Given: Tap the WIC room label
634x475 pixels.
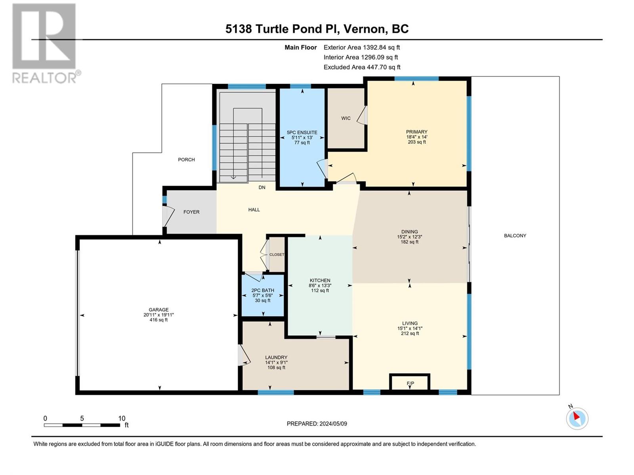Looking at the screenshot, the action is pyautogui.click(x=346, y=118).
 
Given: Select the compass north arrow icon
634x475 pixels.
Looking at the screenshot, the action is pyautogui.click(x=577, y=418).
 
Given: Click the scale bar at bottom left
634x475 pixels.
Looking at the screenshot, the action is pyautogui.click(x=82, y=425).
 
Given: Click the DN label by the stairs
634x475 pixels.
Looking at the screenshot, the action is pyautogui.click(x=262, y=188).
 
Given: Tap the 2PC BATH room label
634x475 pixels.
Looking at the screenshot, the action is pyautogui.click(x=263, y=291).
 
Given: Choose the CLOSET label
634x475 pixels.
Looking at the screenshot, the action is pyautogui.click(x=277, y=255).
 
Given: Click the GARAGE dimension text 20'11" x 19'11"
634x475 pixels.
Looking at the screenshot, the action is pyautogui.click(x=158, y=315).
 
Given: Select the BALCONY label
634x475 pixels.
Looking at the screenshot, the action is pyautogui.click(x=515, y=236).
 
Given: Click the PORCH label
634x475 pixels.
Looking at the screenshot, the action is pyautogui.click(x=186, y=160).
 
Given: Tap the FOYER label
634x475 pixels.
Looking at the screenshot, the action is pyautogui.click(x=191, y=212).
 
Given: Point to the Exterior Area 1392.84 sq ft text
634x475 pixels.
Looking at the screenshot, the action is pyautogui.click(x=362, y=47).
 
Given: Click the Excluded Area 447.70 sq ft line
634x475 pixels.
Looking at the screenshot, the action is pyautogui.click(x=362, y=67).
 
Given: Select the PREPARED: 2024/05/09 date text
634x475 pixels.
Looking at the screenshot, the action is pyautogui.click(x=317, y=424).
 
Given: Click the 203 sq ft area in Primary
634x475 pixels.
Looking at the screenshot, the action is pyautogui.click(x=417, y=142).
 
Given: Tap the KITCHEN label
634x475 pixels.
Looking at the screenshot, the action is pyautogui.click(x=320, y=280).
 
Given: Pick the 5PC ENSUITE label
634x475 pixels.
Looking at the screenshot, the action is pyautogui.click(x=302, y=132).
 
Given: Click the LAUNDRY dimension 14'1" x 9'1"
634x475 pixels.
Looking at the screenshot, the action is pyautogui.click(x=277, y=363).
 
